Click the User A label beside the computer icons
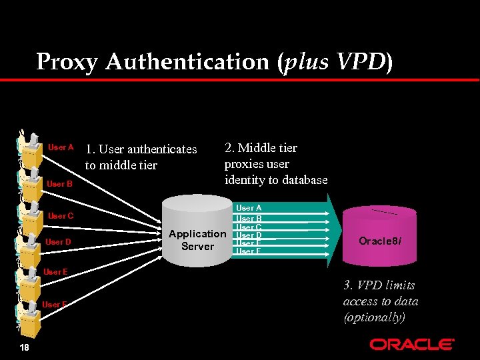(61, 147)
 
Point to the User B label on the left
(60, 183)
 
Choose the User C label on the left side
(61, 216)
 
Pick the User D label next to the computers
(58, 242)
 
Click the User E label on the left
(55, 272)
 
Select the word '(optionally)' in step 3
(374, 317)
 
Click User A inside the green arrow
(249, 209)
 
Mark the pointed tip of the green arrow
(339, 231)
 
